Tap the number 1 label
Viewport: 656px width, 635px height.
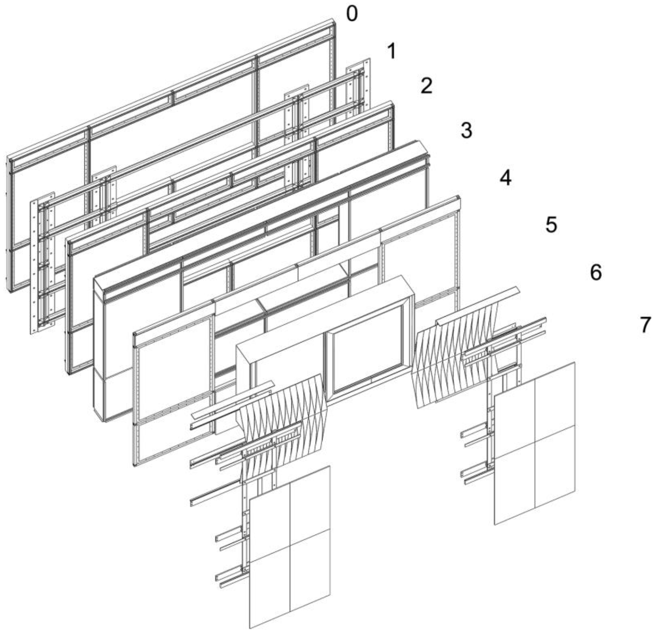click(391, 52)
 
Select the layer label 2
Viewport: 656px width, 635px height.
click(426, 86)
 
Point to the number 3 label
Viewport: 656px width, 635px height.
click(466, 130)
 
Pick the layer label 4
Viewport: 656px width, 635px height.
click(505, 178)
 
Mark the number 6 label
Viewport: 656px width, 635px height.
click(596, 273)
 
